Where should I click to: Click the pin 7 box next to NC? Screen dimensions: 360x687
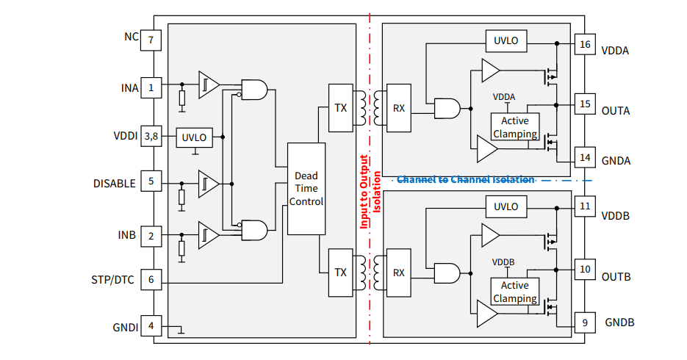(x=151, y=40)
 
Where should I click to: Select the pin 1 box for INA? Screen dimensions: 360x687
(x=151, y=88)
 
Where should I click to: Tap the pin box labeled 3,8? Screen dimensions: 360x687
(x=151, y=136)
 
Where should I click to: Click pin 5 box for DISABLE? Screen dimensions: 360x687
(x=151, y=182)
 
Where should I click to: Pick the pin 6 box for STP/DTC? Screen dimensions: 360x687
(x=151, y=279)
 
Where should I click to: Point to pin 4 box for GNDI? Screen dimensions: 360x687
(x=151, y=325)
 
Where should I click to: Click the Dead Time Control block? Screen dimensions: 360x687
(x=306, y=189)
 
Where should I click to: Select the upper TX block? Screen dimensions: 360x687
(x=340, y=108)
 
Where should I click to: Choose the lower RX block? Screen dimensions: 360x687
(x=398, y=273)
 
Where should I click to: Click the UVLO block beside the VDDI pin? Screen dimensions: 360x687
(x=195, y=137)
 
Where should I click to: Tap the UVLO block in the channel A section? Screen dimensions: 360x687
(x=506, y=40)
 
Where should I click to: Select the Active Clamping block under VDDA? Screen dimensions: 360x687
(x=514, y=127)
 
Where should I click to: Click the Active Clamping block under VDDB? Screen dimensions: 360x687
(x=514, y=292)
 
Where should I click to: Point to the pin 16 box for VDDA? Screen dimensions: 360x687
(x=585, y=45)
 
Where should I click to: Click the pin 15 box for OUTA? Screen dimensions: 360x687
(x=585, y=104)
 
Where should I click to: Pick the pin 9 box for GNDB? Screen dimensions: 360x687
(x=585, y=322)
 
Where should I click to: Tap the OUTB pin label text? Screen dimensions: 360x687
(x=616, y=277)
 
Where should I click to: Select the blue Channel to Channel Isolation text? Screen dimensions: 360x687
(x=465, y=179)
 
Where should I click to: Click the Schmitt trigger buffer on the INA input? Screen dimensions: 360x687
(x=208, y=84)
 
